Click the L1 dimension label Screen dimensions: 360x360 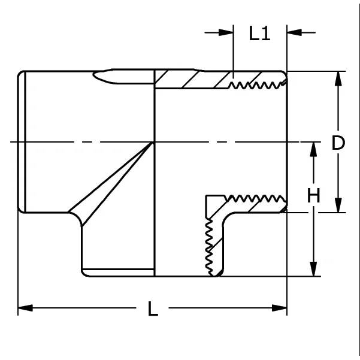259,34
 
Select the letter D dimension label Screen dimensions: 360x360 338,143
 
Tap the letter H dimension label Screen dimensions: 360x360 313,195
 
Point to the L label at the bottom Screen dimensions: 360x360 153,308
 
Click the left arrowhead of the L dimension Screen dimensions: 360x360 25,308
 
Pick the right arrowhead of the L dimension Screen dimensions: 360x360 279,308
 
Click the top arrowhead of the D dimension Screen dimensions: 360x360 338,78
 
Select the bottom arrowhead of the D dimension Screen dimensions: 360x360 338,205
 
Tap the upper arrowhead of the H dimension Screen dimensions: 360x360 313,150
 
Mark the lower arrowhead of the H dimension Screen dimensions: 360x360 313,269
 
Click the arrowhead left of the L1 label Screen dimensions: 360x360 226,32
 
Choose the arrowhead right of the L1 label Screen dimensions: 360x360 294,32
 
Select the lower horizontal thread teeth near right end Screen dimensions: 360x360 256,199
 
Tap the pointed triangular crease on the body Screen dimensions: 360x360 110,184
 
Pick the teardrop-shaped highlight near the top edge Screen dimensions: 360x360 123,77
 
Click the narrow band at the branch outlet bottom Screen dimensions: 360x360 118,273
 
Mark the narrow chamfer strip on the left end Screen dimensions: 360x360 22,142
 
